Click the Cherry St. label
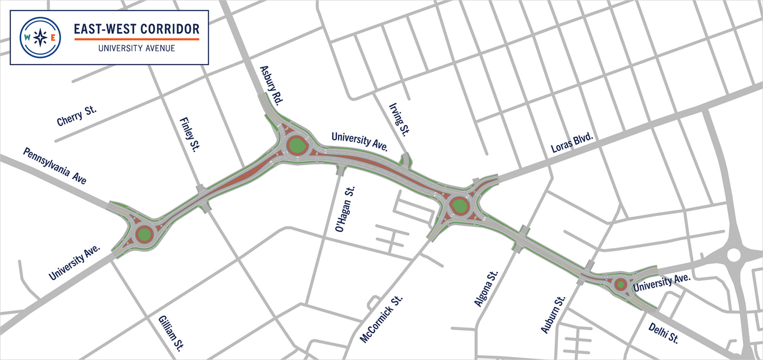76,116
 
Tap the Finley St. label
189,134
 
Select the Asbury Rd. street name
271,85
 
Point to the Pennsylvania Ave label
55,166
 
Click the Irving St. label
399,120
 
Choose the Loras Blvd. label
572,143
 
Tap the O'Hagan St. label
345,209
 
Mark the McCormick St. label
381,320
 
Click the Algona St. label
486,288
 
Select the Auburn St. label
553,314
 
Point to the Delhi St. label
663,333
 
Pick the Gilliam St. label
171,333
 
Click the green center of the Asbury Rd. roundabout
297,145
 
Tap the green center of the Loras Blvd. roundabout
460,206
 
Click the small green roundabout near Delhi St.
620,285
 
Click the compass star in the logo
40,37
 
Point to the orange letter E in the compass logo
53,37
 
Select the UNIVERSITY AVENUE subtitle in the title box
137,48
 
